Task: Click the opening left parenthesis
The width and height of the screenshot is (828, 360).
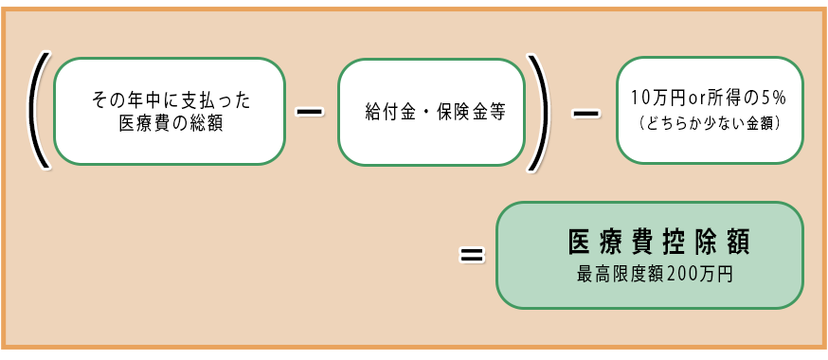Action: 38,111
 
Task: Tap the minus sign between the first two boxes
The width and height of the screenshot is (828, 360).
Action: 310,111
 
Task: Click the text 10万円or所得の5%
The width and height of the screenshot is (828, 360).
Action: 710,98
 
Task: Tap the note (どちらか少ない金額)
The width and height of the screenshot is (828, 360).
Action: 710,123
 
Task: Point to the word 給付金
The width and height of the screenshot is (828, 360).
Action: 388,111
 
